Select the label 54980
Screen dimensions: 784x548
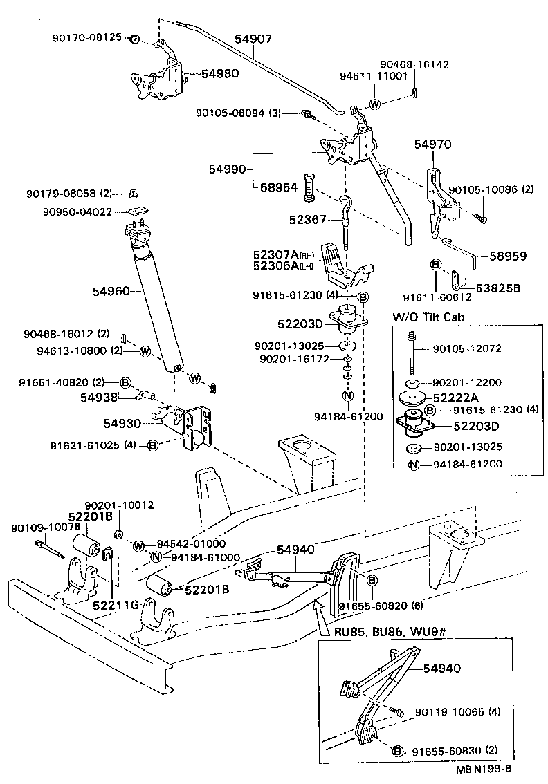coord(220,73)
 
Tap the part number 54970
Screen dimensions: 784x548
coord(432,144)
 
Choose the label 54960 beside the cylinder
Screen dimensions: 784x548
coord(111,292)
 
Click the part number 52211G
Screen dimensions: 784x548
coord(113,606)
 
